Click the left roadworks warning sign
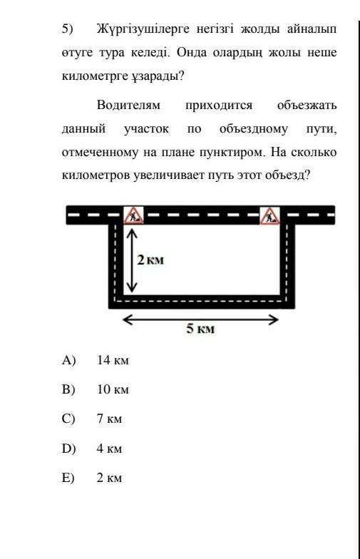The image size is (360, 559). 133,215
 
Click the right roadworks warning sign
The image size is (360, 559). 269,215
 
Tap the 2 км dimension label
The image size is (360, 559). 150,260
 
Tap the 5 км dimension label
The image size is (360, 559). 200,328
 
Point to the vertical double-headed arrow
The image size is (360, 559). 132,260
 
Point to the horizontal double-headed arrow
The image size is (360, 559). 200,319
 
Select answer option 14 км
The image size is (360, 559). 113,360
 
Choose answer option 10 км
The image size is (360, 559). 113,389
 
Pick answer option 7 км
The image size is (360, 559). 109,419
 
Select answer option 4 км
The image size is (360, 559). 109,448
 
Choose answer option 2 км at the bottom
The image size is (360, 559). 109,478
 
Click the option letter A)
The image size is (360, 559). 68,360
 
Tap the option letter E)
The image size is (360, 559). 68,478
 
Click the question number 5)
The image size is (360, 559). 67,29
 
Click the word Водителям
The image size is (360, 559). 128,106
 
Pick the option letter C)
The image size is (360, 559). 68,419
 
